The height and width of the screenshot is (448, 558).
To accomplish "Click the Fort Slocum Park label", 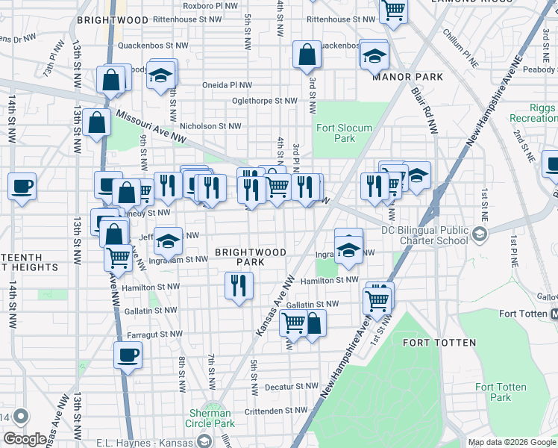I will click(x=344, y=133).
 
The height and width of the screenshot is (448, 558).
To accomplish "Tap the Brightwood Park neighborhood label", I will click(x=250, y=257).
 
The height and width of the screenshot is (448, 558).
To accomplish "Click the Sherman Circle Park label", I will click(x=210, y=418).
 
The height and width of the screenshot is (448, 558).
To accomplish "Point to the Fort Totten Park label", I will click(x=501, y=392).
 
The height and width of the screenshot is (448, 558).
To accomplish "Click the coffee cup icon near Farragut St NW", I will click(x=127, y=354).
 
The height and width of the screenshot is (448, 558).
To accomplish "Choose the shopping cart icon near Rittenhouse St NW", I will click(x=392, y=10).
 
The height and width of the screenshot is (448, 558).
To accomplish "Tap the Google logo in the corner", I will click(x=25, y=439).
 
